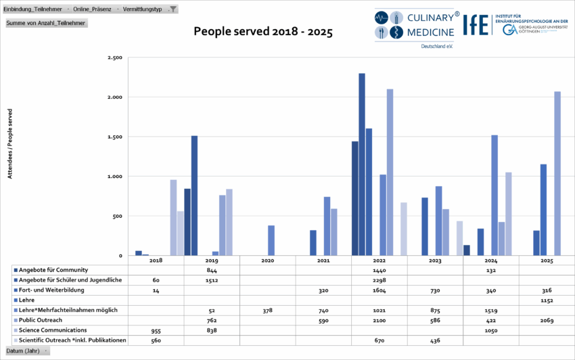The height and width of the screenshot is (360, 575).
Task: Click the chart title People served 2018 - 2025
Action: coord(263,32)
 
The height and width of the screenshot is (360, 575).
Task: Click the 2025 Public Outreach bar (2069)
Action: coord(557,173)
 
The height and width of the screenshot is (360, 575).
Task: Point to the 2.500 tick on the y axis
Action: coord(114,58)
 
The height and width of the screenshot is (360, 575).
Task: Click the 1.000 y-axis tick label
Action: coord(114,177)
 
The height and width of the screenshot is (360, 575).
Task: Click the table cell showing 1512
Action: coord(211,279)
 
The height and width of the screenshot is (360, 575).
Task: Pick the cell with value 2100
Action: coord(379,320)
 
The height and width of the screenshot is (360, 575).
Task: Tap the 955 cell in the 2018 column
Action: coord(156,330)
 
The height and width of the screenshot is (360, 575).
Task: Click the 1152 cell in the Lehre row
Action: coord(547,300)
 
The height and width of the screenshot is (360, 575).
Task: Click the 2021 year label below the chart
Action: coord(323,261)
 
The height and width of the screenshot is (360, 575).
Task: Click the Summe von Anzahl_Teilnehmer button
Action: coord(46,23)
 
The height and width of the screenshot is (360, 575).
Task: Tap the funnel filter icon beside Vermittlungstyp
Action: coord(173,9)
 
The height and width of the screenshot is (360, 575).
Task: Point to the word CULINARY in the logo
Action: coord(423,17)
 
